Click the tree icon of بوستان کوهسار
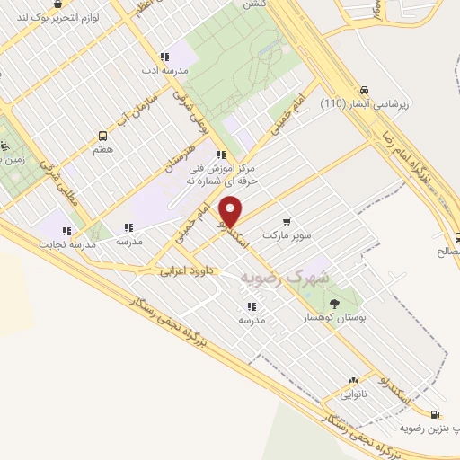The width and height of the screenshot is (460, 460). click(x=334, y=303)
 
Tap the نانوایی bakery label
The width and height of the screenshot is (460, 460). click(x=352, y=394)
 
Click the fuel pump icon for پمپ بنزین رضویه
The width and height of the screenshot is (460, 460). click(x=436, y=414)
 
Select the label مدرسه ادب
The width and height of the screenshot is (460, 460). click(x=164, y=70)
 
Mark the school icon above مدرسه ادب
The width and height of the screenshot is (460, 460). click(x=164, y=57)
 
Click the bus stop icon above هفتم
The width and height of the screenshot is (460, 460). click(x=102, y=136)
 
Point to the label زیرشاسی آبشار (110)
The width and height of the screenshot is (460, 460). click(x=364, y=103)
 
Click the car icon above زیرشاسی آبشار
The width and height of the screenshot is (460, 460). click(x=363, y=90)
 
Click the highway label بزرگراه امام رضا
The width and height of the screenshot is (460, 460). click(x=419, y=158)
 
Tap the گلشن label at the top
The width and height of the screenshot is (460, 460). click(x=254, y=4)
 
